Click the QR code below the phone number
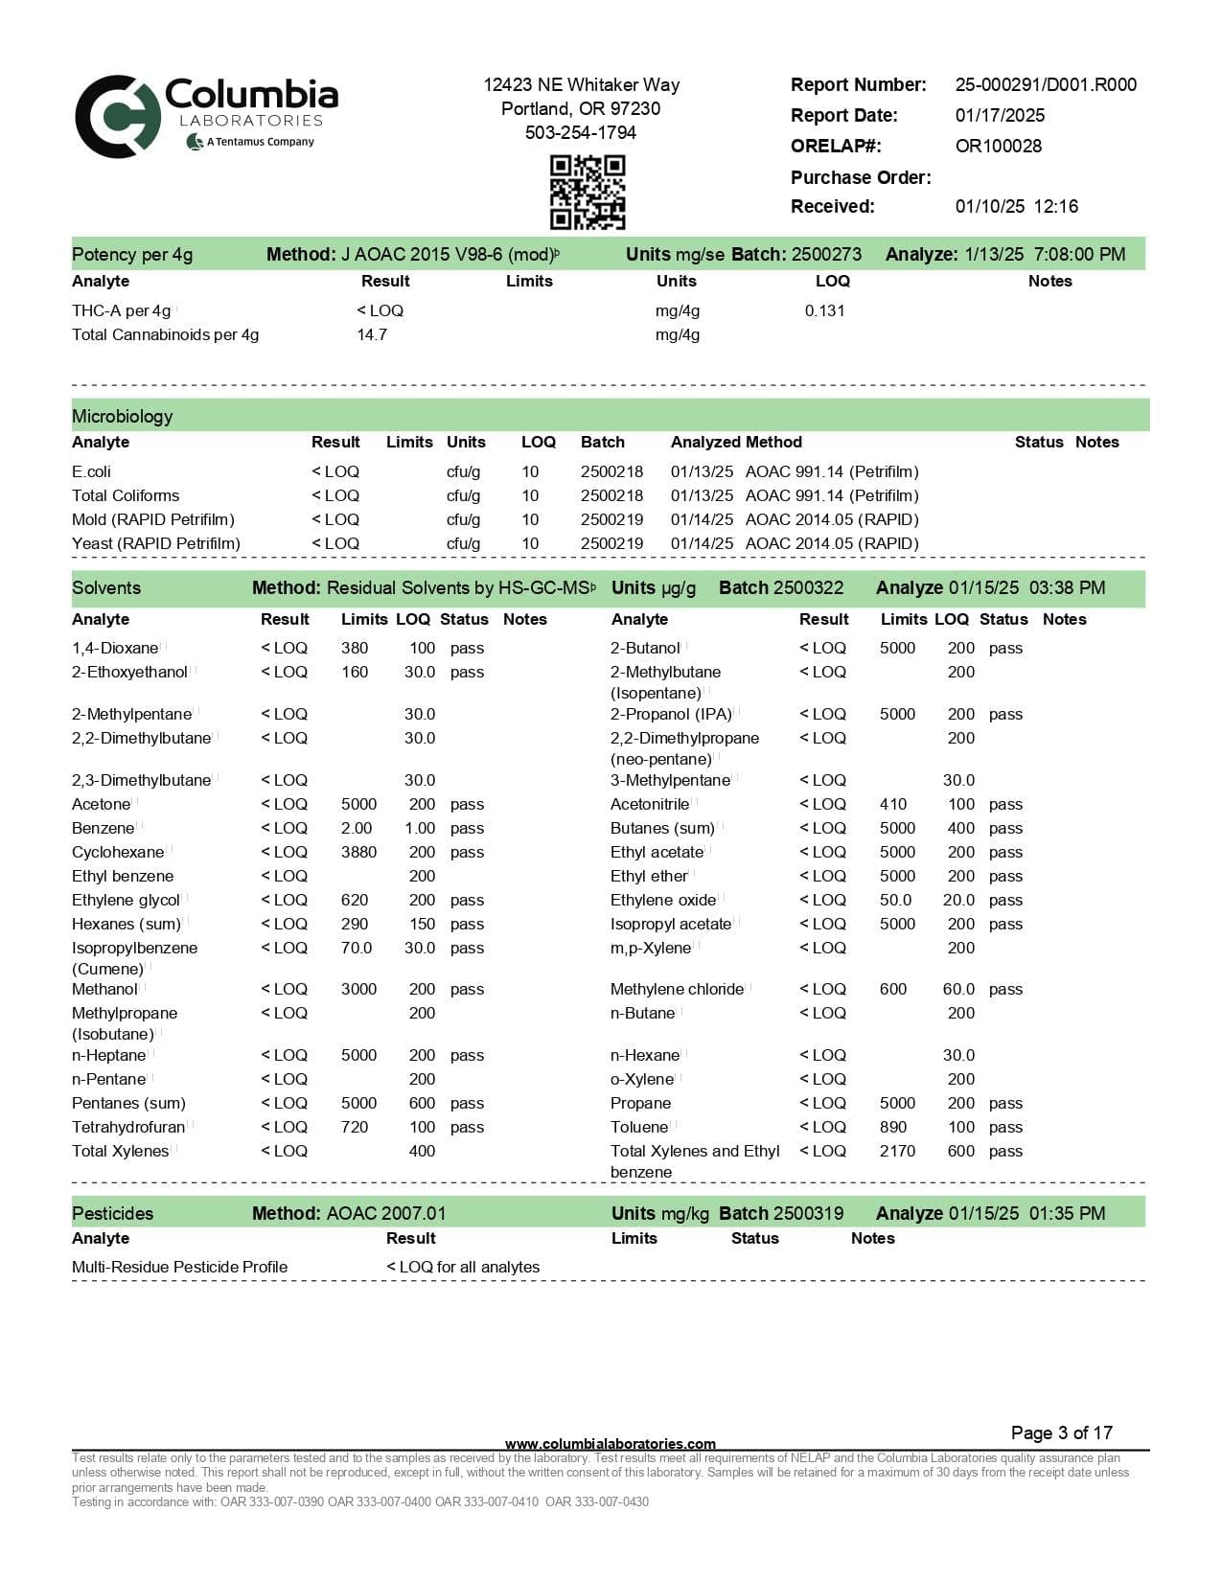587,192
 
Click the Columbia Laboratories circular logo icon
117,116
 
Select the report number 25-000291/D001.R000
1045,84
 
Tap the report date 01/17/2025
1000,115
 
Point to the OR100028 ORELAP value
998,146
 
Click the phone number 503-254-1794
580,132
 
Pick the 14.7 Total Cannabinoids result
372,334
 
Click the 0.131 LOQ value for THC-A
824,310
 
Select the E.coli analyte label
91,471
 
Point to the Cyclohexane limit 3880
358,852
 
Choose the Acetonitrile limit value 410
892,804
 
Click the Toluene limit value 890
892,1127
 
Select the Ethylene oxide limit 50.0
895,900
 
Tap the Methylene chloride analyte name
677,989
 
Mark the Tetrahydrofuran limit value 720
355,1127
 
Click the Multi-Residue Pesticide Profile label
179,1267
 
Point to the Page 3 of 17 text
1061,1432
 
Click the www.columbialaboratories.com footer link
610,1444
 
